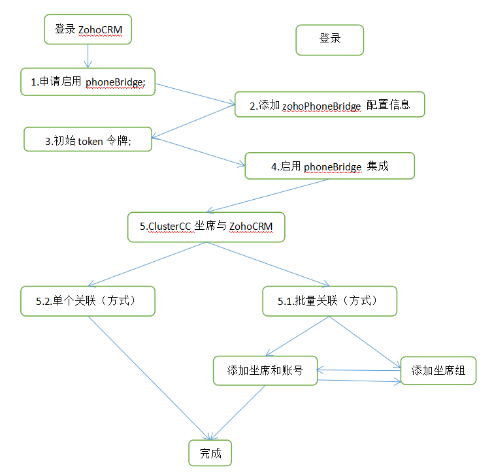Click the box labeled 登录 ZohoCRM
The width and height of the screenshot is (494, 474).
pos(89,30)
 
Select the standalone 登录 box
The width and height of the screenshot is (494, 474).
pos(329,39)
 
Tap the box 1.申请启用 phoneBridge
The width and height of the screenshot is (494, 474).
pos(88,82)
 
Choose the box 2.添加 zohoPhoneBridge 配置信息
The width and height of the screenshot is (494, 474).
pos(329,104)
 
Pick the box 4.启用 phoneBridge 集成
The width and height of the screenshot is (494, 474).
pos(329,166)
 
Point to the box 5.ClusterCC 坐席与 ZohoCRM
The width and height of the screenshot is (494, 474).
pos(206,227)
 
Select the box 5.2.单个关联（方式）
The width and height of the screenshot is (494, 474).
pos(88,302)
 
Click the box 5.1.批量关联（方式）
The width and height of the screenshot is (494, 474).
pos(329,302)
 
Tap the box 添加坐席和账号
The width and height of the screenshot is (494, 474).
pos(265,371)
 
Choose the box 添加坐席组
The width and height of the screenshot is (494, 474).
pos(438,371)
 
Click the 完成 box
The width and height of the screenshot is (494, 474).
pos(210,454)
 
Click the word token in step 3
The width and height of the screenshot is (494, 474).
pos(90,141)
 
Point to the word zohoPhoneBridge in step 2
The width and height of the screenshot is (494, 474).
pos(321,105)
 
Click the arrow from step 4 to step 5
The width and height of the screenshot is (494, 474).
pos(268,195)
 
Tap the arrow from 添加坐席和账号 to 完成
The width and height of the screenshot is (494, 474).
pos(239,411)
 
